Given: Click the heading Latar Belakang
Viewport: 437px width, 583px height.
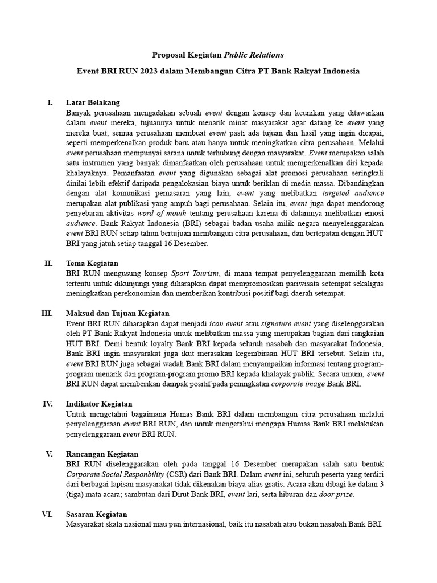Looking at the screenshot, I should pyautogui.click(x=93, y=102).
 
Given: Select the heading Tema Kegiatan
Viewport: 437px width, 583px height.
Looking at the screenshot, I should pyautogui.click(x=92, y=264).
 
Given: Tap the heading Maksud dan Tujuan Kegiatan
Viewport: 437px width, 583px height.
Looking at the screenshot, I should pyautogui.click(x=117, y=314).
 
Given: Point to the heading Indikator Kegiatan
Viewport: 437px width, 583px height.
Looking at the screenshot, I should pyautogui.click(x=99, y=404).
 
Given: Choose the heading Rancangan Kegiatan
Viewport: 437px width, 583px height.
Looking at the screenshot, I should pyautogui.click(x=102, y=454).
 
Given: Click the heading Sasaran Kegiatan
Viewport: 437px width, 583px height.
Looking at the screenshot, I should pyautogui.click(x=96, y=514).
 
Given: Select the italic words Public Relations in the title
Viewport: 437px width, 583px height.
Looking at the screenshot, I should pyautogui.click(x=253, y=55).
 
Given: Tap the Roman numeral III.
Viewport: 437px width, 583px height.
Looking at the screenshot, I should pyautogui.click(x=47, y=314).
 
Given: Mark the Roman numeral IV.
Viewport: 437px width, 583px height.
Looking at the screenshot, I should pyautogui.click(x=47, y=404).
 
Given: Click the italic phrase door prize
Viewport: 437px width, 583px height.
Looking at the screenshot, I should pyautogui.click(x=336, y=494).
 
